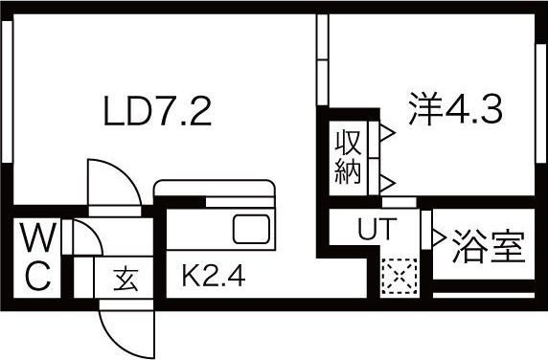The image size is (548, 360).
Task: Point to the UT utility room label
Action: [x=375, y=230]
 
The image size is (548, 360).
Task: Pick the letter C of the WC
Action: [x=38, y=276]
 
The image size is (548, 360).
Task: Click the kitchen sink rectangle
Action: [x=253, y=230]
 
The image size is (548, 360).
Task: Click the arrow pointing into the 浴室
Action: [x=440, y=236]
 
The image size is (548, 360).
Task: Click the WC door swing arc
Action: [x=84, y=239]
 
